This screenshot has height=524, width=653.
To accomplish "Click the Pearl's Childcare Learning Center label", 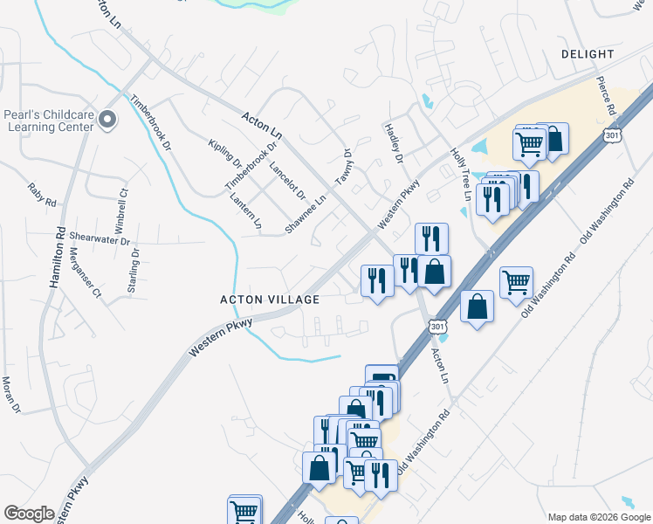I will pyautogui.click(x=47, y=120).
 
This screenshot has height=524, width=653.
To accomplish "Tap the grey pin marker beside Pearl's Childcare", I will pyautogui.click(x=107, y=120).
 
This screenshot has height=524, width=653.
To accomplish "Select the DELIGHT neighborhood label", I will pyautogui.click(x=588, y=54).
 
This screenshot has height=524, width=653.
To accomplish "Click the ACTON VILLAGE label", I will pyautogui.click(x=270, y=299).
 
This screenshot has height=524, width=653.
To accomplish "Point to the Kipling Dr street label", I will pyautogui.click(x=225, y=153).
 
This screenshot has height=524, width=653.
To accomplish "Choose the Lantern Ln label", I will pyautogui.click(x=245, y=210).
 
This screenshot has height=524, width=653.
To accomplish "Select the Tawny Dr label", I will pyautogui.click(x=343, y=167).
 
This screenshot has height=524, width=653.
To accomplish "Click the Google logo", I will pyautogui.click(x=29, y=513).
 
